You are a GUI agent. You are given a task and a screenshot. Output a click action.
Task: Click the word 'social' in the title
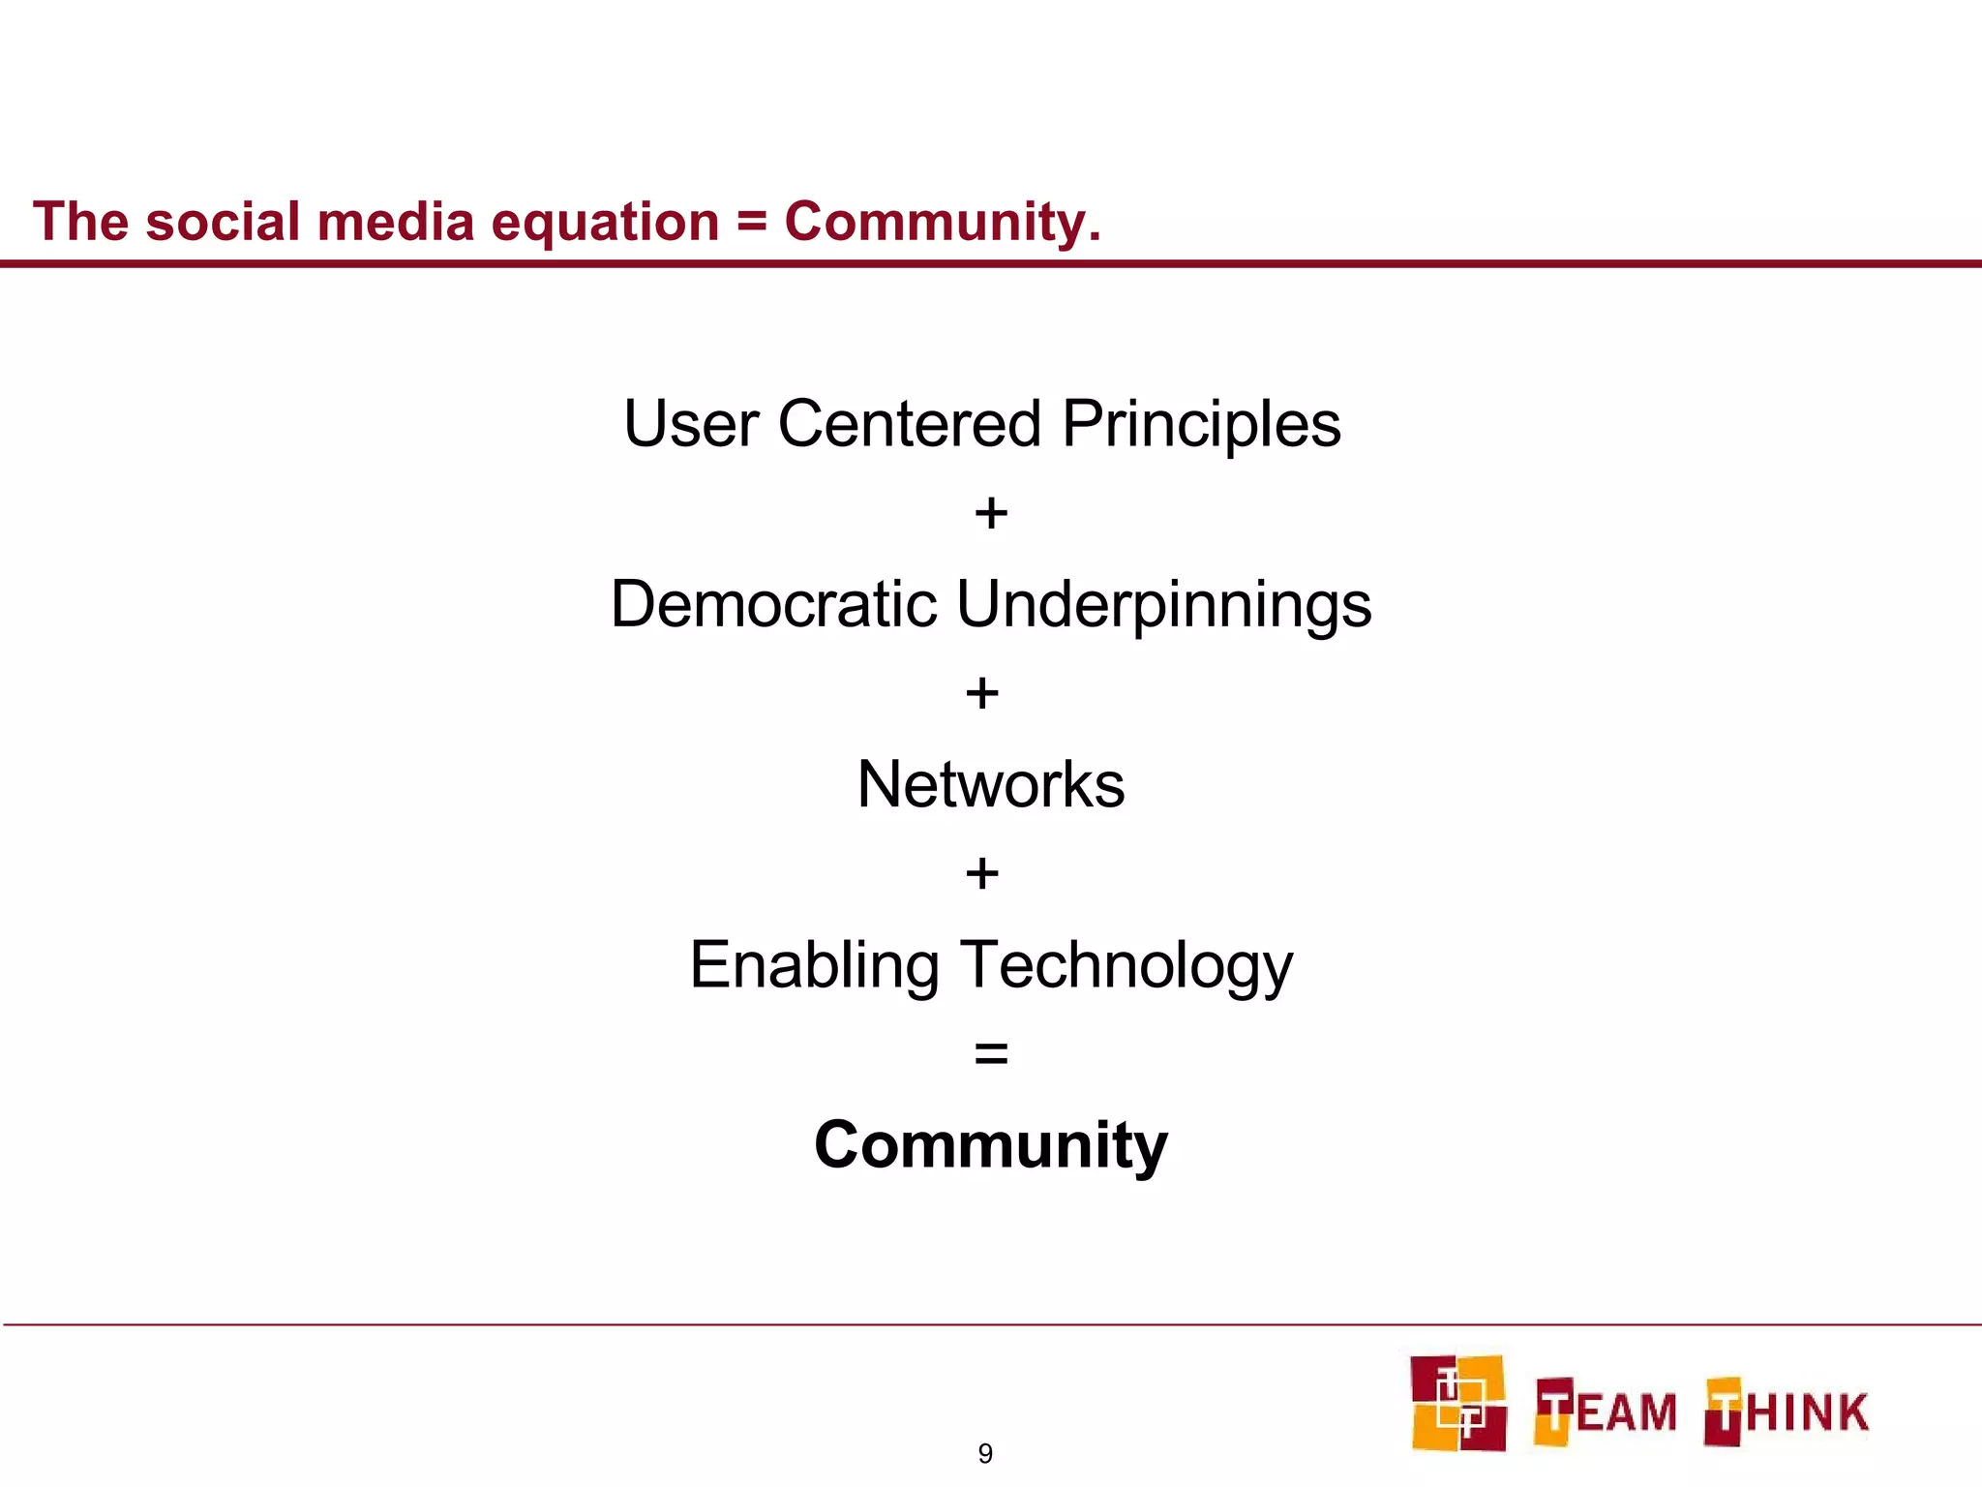point(224,222)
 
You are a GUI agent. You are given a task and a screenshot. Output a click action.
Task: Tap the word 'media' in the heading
point(396,222)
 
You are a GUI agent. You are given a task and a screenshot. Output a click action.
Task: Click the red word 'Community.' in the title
point(943,223)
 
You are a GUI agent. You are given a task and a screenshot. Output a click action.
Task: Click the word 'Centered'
point(910,424)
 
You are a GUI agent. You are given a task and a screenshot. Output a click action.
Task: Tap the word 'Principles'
point(1201,426)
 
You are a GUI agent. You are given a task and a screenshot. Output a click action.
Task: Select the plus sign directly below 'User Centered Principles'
point(991,513)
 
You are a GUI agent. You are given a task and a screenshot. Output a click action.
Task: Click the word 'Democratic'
point(773,604)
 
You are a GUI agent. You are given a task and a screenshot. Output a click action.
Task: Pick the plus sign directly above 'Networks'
point(982,693)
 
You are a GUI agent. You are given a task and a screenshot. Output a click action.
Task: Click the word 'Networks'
point(991,784)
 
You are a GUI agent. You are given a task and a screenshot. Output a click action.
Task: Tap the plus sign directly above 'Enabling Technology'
point(982,873)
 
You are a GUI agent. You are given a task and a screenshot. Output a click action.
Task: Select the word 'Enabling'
point(814,966)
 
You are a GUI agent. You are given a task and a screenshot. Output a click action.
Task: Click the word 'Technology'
point(1126,966)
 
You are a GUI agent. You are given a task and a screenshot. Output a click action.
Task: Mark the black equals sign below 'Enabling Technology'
point(991,1053)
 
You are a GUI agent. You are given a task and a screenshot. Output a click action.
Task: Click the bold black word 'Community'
point(991,1145)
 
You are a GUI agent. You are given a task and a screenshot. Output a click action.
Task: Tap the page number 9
point(985,1453)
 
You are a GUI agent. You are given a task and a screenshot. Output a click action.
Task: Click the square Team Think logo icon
point(1458,1403)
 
